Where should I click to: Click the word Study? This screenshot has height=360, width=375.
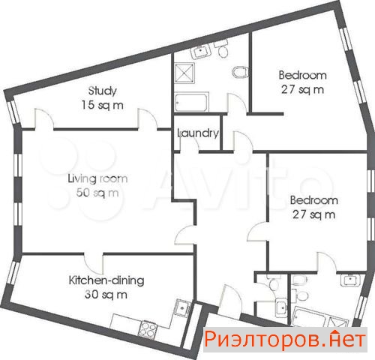pos(103,91)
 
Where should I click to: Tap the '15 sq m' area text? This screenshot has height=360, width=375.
pos(103,105)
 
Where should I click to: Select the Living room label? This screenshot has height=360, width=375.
pos(97,178)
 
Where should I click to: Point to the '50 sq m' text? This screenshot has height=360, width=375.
pos(97,193)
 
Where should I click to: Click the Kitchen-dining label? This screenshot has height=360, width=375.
pos(106,280)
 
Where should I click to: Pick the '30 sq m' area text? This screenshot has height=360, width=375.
pos(106,295)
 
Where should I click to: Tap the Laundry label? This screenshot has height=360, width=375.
pos(198,133)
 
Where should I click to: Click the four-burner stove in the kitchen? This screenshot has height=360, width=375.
pos(148,329)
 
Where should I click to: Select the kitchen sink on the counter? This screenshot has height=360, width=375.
pos(183,307)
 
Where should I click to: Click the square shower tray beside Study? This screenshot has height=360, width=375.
pos(184,73)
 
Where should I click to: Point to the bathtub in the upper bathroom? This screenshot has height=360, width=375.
pos(191,102)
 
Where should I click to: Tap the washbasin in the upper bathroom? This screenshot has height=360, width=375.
pos(201,52)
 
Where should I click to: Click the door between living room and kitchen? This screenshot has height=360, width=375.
pos(94,264)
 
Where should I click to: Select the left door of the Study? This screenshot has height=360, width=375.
pos(44,119)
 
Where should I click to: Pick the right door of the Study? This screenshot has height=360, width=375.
pos(148,119)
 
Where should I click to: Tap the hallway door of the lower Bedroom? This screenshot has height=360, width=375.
pos(258,232)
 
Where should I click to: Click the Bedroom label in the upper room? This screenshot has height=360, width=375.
pos(303,75)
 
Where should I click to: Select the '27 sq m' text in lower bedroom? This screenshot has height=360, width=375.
pos(314,214)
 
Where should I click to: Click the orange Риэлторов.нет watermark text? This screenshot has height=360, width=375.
pos(285,339)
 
